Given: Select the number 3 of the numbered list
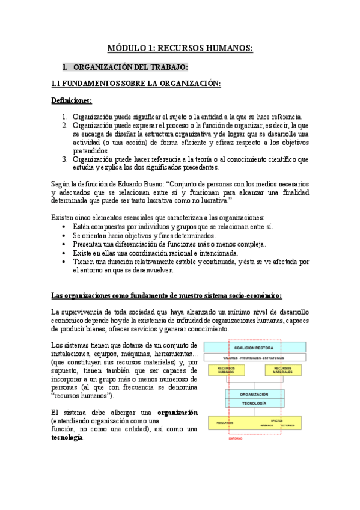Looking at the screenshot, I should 64,159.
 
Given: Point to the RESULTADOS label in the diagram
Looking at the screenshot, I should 224,423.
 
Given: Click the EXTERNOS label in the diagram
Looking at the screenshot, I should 287,425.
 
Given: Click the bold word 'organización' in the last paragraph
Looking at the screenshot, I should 177,413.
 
